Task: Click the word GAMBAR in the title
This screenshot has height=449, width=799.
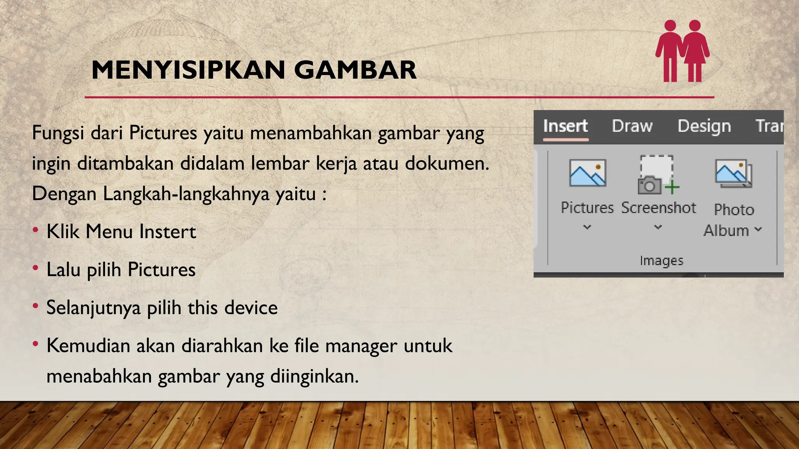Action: tap(355, 70)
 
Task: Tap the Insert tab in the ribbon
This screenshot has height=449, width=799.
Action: tap(565, 126)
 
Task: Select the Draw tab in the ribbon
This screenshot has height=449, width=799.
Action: tap(632, 126)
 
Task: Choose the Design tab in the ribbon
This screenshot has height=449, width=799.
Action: tap(704, 126)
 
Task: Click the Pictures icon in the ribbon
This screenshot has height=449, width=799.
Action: tap(588, 173)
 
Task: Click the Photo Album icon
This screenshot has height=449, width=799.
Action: tap(733, 173)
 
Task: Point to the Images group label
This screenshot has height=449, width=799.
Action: tap(661, 260)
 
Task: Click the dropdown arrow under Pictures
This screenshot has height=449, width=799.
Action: tap(587, 227)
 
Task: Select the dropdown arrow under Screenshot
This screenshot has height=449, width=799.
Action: tap(658, 227)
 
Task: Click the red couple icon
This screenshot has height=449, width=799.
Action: tap(682, 51)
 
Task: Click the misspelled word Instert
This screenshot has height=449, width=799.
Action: tap(168, 232)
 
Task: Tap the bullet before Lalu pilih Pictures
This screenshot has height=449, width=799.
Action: tap(36, 268)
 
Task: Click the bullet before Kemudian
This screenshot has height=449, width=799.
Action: tap(36, 344)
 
